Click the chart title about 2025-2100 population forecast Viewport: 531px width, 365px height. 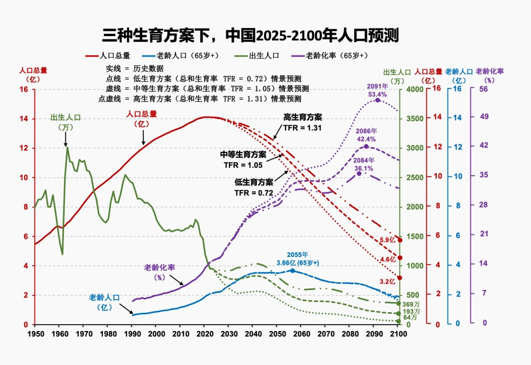(x=250, y=35)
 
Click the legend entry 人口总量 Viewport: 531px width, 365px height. (x=108, y=56)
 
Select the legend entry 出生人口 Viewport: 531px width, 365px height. (x=257, y=56)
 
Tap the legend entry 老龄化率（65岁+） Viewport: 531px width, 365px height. (x=330, y=56)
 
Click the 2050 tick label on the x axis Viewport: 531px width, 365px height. (x=277, y=334)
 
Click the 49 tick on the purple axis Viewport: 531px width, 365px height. (x=484, y=116)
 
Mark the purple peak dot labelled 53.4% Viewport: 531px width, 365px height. (x=378, y=100)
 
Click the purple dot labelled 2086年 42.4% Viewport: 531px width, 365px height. (x=366, y=147)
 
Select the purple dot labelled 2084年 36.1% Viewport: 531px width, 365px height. (x=359, y=174)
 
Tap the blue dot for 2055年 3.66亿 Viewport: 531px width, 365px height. (x=292, y=271)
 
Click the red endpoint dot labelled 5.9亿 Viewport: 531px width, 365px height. (x=400, y=240)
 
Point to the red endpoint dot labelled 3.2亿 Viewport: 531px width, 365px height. (x=400, y=278)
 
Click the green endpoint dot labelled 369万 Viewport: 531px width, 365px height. (x=399, y=304)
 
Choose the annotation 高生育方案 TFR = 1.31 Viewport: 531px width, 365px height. (x=303, y=122)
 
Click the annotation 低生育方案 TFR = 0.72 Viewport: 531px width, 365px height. (x=254, y=188)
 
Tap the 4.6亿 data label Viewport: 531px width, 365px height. (x=388, y=259)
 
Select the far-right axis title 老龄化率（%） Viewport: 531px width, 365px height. (x=490, y=76)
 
